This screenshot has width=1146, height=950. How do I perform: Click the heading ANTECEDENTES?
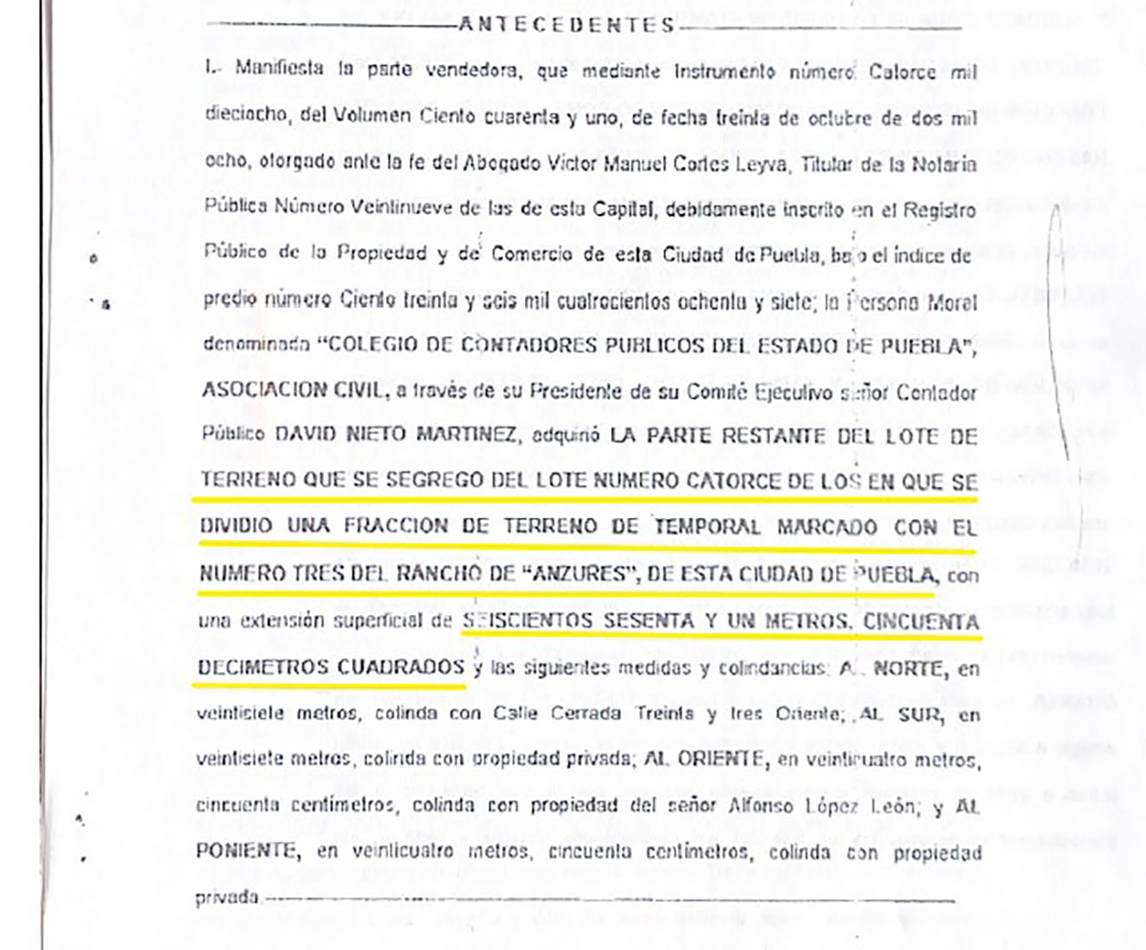click(567, 25)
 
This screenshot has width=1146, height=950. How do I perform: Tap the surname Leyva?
click(760, 163)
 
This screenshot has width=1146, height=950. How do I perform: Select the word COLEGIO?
click(372, 345)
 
